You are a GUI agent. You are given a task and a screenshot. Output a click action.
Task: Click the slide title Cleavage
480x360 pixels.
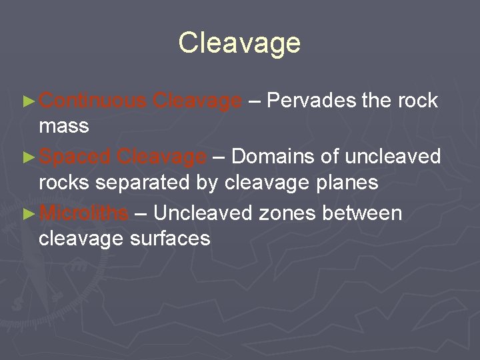coord(239,43)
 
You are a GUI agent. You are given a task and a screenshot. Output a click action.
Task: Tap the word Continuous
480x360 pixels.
coord(93,101)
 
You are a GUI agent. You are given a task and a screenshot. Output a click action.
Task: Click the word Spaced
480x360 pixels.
coord(75,157)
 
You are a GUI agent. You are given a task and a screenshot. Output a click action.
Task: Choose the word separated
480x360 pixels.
coord(163,181)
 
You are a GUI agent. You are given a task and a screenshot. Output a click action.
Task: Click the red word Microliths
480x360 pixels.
coord(84,213)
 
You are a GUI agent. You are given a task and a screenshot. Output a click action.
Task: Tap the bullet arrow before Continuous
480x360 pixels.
coord(27,101)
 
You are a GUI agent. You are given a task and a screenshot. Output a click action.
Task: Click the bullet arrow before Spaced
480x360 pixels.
coord(27,158)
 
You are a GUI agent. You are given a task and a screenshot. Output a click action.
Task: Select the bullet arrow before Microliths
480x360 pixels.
coord(27,214)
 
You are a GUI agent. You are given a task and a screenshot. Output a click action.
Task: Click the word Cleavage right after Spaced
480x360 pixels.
coord(161,157)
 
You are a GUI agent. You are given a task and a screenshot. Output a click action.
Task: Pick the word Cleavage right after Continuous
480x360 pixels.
coord(197,101)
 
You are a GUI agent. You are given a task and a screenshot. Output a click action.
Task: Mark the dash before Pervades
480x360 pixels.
coord(255,101)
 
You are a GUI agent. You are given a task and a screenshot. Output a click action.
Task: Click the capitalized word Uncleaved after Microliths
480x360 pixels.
coord(203,213)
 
